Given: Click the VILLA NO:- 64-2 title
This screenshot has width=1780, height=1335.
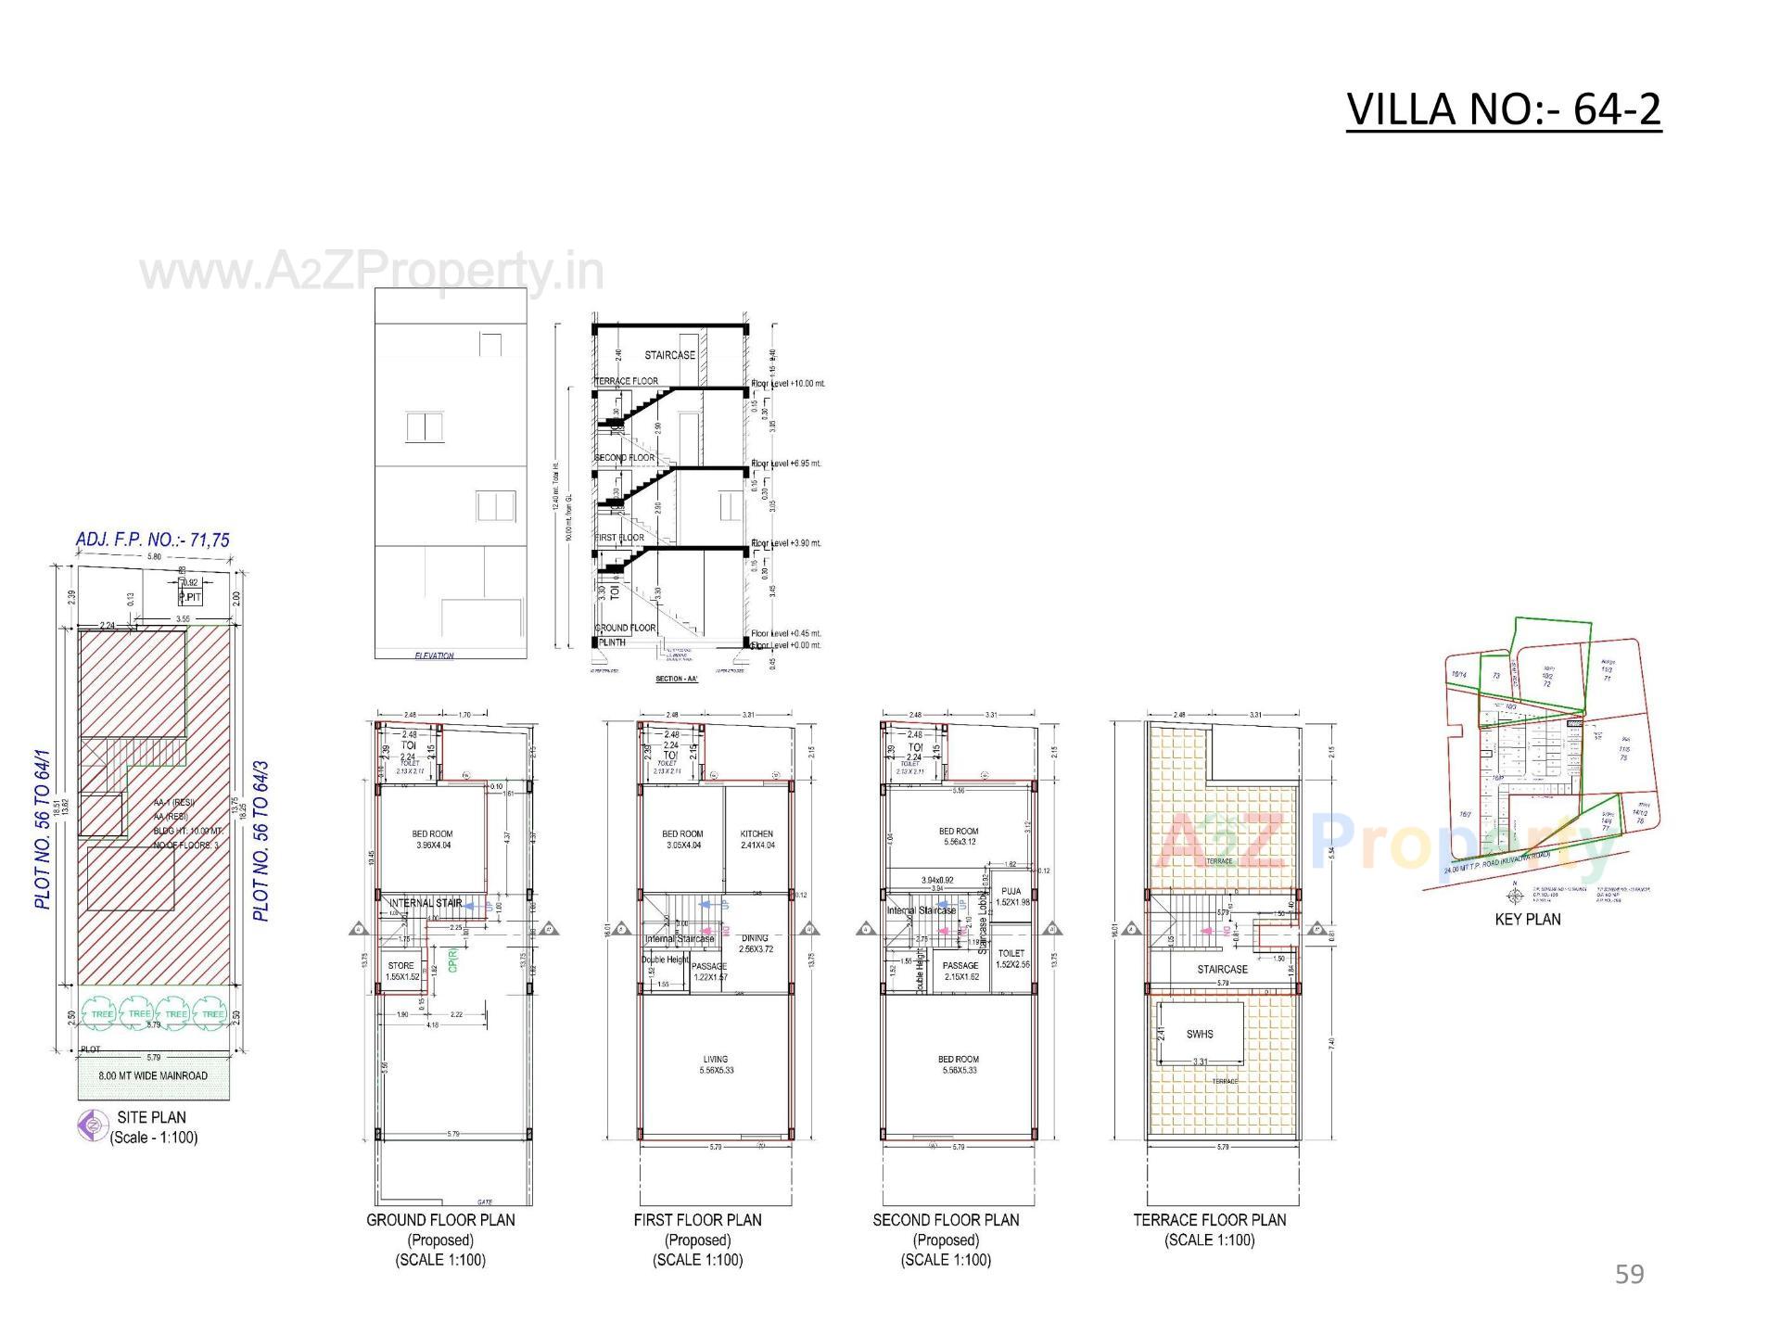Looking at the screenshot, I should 1503,109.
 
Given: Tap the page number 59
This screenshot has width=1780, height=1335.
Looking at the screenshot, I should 1629,1274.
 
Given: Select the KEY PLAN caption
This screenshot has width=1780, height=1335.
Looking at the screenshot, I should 1527,919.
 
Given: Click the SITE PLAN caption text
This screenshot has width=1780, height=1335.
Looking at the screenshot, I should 151,1117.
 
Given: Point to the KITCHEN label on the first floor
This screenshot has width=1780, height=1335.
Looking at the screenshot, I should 756,834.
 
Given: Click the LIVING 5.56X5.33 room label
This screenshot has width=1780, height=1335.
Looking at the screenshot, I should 715,1064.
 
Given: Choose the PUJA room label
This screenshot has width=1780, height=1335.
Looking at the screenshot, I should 1011,892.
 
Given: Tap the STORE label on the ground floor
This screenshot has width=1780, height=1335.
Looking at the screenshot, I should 401,966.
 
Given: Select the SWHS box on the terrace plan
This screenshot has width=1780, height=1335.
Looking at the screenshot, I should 1200,1034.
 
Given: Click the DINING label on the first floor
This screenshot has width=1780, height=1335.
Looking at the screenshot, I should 755,938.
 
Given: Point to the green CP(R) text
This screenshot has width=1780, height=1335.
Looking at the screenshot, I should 452,959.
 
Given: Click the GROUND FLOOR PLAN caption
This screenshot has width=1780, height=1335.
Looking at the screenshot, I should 440,1220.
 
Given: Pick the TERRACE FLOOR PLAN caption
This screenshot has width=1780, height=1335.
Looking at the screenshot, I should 1209,1220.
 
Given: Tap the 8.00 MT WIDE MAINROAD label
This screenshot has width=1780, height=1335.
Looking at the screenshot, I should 153,1076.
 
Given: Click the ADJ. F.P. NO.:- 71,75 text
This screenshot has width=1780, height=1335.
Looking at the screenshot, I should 153,540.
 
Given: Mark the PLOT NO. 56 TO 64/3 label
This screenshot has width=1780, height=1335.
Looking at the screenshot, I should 261,841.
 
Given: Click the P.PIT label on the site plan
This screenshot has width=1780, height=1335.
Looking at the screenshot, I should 190,597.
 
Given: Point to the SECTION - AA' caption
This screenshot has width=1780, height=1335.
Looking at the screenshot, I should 676,679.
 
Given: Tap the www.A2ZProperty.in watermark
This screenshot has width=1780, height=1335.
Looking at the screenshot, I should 372,273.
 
